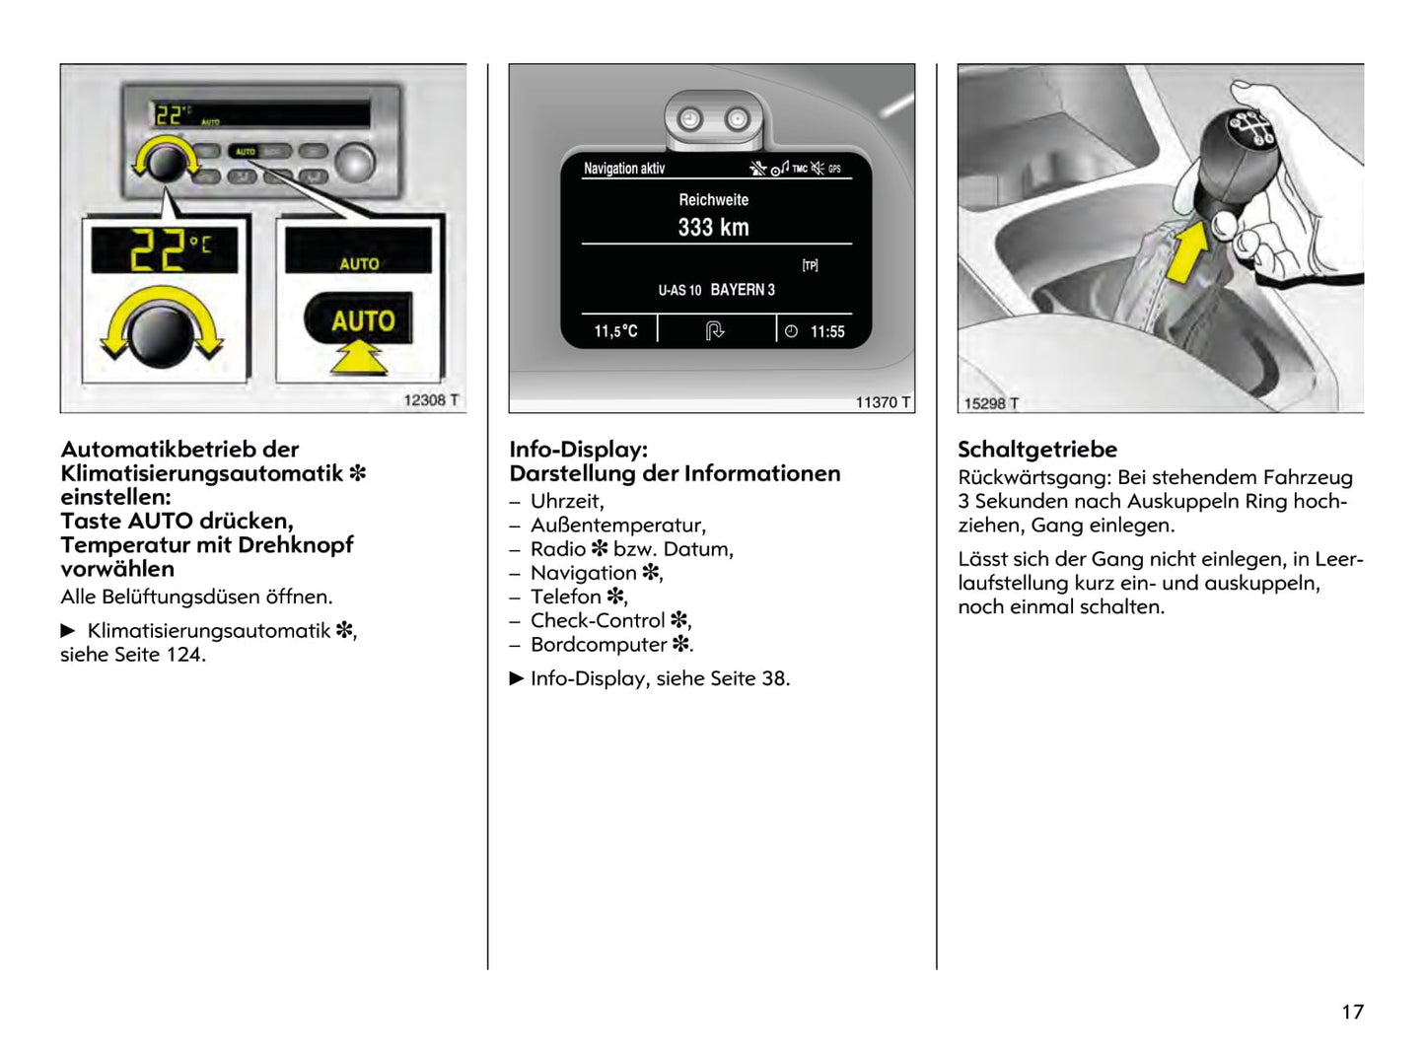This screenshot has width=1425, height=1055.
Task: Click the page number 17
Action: pos(1352,1012)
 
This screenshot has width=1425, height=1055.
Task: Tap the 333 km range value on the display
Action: pos(713,228)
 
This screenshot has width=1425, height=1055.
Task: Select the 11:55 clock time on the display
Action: pos(827,332)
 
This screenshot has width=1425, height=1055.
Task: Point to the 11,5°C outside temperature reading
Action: pos(615,331)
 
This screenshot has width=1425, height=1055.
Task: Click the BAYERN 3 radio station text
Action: pos(743,290)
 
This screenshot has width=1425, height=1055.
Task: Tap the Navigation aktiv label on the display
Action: pos(624,169)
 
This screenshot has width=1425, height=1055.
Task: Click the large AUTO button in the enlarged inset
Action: pos(362,320)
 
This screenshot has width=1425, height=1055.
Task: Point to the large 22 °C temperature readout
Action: pos(168,250)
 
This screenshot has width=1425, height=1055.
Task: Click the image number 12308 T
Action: pos(431,400)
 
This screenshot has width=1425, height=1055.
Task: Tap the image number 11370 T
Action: pos(883,402)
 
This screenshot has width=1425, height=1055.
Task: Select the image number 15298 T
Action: pos(991,403)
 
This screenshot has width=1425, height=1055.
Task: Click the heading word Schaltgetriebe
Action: pos(1037,450)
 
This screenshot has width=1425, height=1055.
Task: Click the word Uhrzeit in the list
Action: pos(566,501)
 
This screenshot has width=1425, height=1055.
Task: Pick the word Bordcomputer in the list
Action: pos(599,645)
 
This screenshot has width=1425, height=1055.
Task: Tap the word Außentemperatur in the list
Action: pos(617,525)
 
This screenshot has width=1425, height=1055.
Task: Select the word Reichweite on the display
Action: pos(713,199)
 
